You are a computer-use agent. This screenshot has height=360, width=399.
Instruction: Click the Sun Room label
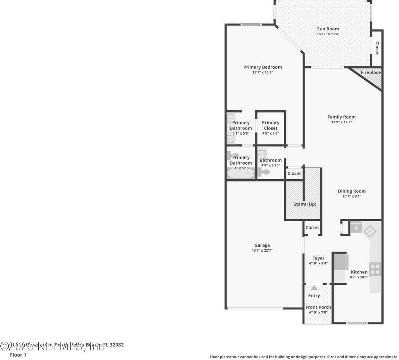[328, 29]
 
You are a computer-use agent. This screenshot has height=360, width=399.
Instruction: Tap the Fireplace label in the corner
[370, 72]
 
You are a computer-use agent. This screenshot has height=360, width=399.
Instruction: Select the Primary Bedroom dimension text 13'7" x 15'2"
[262, 72]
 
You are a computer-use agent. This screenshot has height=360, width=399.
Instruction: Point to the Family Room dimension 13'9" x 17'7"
[341, 122]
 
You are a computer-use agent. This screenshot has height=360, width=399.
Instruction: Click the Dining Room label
[351, 191]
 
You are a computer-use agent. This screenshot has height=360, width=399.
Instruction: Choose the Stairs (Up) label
[305, 204]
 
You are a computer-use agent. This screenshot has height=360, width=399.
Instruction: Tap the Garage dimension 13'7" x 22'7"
[262, 250]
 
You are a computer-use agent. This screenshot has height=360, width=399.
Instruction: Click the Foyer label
[318, 258]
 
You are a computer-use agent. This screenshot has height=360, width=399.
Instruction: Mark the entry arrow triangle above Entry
[314, 288]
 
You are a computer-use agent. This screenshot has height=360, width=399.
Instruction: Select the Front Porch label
[318, 307]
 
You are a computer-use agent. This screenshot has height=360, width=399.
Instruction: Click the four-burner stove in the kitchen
[375, 269]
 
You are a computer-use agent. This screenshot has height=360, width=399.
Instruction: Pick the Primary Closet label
[271, 125]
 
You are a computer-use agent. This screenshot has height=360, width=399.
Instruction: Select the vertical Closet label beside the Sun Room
[377, 48]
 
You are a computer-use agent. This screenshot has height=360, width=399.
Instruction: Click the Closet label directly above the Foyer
[312, 228]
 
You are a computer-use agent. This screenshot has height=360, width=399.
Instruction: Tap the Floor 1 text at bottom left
[18, 355]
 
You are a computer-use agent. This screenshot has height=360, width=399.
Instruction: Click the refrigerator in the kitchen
[341, 262]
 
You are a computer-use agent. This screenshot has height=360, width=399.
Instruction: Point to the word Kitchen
[359, 272]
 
